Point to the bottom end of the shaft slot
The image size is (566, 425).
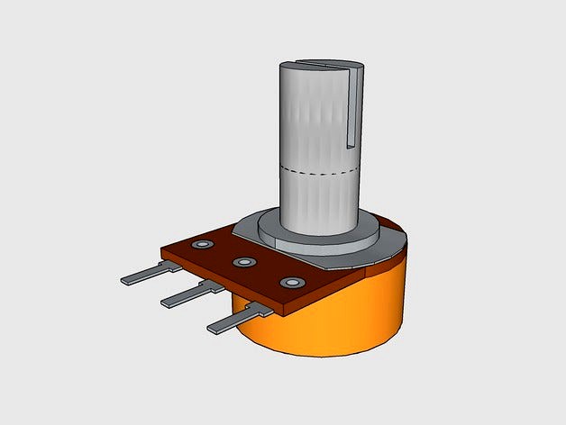[352, 145]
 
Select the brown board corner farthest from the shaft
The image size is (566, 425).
[162, 249]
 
